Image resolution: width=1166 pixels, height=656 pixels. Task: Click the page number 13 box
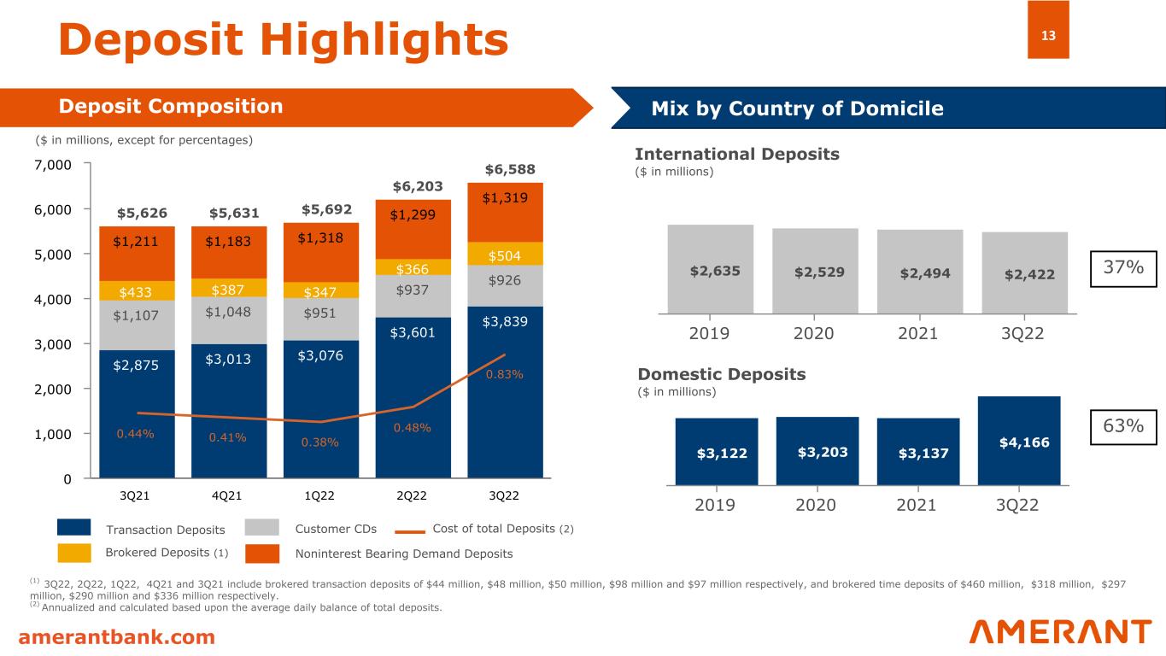[x=1048, y=30]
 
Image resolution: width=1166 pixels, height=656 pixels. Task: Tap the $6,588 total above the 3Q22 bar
[x=510, y=169]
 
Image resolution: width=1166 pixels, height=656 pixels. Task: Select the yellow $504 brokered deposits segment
[x=505, y=254]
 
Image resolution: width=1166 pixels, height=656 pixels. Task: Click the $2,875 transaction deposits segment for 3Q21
[x=137, y=414]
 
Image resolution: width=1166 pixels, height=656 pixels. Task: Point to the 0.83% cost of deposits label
[x=504, y=374]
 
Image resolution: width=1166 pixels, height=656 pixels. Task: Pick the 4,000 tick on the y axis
[x=53, y=299]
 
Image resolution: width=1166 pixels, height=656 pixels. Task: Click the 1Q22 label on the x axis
[x=319, y=495]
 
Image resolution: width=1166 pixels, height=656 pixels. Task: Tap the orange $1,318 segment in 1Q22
[x=321, y=253]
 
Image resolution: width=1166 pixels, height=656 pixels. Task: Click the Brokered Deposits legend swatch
[x=74, y=553]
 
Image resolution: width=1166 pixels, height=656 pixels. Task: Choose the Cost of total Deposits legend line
[x=410, y=531]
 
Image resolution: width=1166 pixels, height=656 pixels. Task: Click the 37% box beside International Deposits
[x=1123, y=269]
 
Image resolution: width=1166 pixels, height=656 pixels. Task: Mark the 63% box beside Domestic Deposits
[x=1123, y=427]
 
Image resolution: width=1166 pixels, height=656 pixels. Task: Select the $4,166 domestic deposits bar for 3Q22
[x=1019, y=441]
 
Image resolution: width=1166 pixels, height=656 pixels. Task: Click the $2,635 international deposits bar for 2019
[x=711, y=269]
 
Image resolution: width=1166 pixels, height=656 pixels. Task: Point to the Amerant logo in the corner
[x=1060, y=631]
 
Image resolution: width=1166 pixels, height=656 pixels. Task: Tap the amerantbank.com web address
[x=116, y=636]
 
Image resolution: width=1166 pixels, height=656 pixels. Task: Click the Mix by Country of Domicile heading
[x=797, y=108]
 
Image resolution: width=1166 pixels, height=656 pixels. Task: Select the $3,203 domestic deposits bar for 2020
[x=817, y=451]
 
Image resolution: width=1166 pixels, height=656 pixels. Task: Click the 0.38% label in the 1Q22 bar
[x=319, y=442]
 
